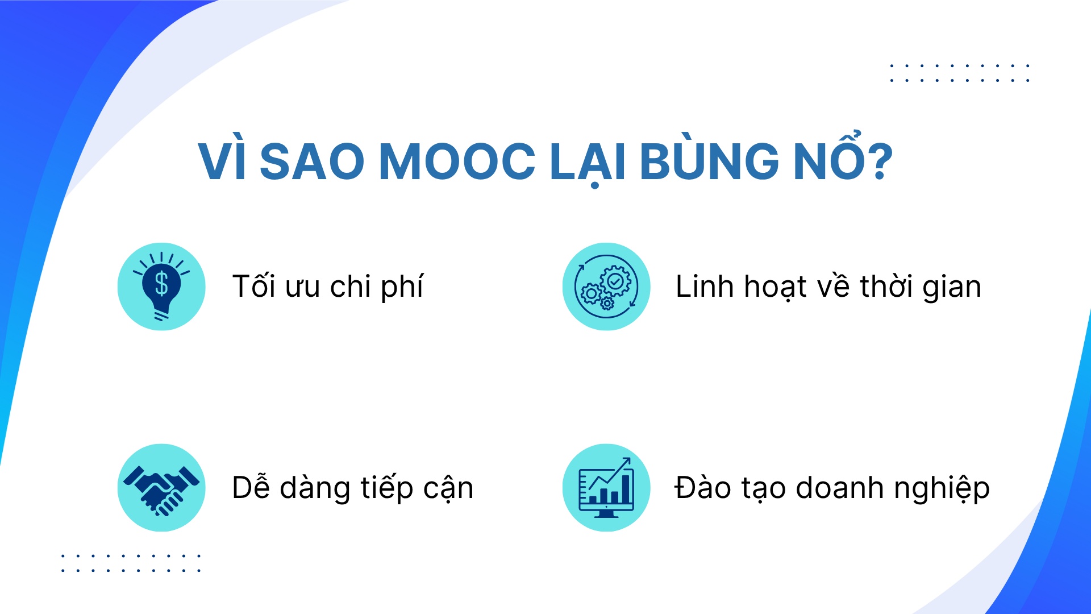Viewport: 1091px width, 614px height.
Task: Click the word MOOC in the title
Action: point(457,161)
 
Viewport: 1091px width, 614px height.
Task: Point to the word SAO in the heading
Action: point(311,161)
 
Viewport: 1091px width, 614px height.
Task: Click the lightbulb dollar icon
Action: point(161,287)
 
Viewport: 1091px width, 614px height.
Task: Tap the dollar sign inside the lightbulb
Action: point(161,283)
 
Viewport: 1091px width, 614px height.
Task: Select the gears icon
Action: point(606,287)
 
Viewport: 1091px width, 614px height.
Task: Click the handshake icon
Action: point(161,488)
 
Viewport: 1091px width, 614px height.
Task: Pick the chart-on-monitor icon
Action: point(606,488)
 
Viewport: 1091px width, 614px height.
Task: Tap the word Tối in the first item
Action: point(253,286)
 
